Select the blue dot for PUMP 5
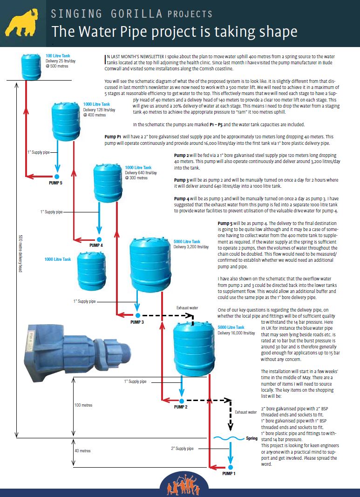coord(56,176)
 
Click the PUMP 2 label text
coord(181,407)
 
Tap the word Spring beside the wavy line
coord(251,438)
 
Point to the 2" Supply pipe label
coord(182,449)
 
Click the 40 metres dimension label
coord(82,451)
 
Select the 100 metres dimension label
coord(83,405)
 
